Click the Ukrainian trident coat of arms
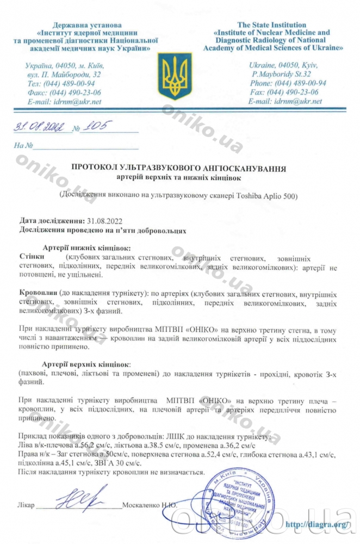[175, 76]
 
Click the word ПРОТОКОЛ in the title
[98, 169]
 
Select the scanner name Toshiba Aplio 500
[265, 195]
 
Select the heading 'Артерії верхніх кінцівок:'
[86, 363]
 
